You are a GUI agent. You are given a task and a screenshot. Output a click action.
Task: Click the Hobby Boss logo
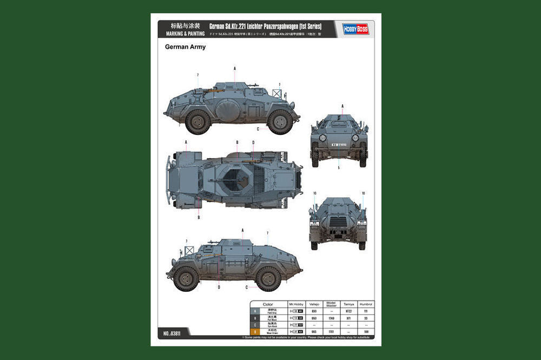(355, 29)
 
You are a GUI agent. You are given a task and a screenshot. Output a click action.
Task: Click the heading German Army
(185, 47)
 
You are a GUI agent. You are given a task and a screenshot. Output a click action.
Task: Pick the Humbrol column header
(366, 304)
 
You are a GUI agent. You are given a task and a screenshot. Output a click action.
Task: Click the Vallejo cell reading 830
(314, 311)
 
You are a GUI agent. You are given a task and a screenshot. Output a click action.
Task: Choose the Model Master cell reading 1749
(331, 318)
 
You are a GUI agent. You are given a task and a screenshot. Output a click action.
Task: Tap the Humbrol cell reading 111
(366, 311)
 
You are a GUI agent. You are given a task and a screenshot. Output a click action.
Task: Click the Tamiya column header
(349, 304)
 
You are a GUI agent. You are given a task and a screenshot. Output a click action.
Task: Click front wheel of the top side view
(280, 122)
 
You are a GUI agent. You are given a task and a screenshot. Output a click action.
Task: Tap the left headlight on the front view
(323, 138)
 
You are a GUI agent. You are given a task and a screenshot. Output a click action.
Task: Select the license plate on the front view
(339, 145)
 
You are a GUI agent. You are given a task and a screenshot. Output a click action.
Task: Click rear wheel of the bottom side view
(186, 278)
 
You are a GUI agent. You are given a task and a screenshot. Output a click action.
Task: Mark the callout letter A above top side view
(235, 68)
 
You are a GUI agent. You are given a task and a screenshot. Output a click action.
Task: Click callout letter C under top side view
(258, 129)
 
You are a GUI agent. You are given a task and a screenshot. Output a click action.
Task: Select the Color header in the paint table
(268, 304)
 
